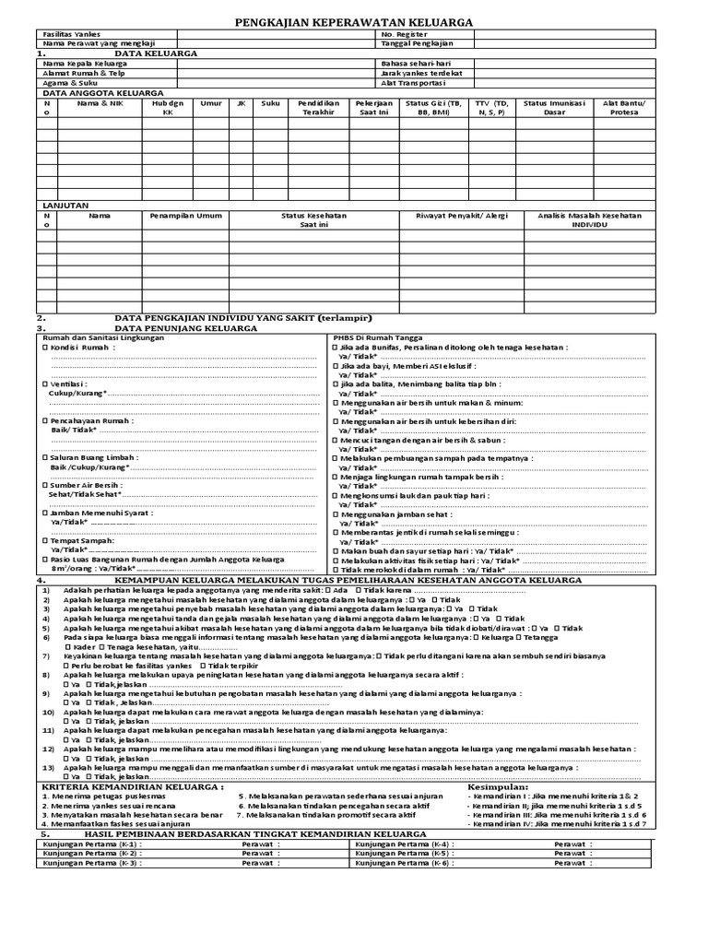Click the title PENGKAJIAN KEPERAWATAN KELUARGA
[353, 21]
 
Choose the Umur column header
[211, 103]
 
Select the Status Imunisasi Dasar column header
[553, 108]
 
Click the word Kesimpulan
[499, 786]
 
